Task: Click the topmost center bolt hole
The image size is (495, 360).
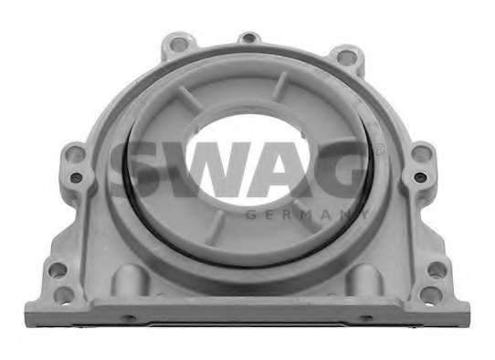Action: click(x=249, y=38)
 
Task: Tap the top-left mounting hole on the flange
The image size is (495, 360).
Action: click(x=179, y=44)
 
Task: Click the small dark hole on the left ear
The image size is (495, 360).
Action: click(x=76, y=177)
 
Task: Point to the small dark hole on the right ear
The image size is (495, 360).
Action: click(x=420, y=177)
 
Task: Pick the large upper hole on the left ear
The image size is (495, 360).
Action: click(x=75, y=154)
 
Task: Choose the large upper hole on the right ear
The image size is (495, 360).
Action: click(x=422, y=154)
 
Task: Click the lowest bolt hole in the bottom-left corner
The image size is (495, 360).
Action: click(x=64, y=295)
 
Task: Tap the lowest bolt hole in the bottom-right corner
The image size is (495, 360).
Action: click(x=433, y=294)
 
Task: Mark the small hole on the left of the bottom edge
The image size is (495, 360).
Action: click(x=129, y=318)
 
